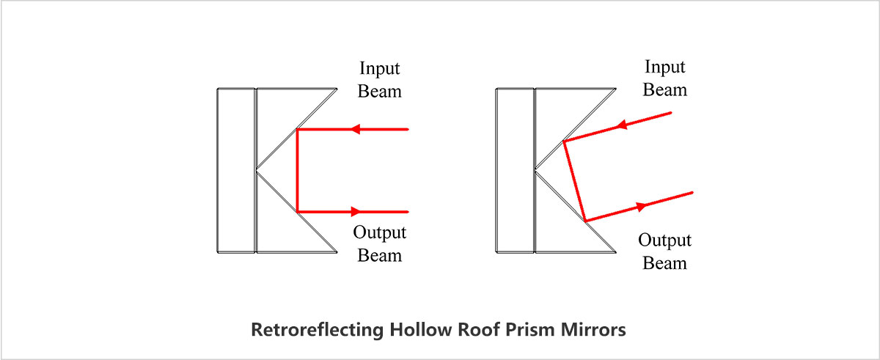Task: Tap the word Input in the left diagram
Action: tap(380, 69)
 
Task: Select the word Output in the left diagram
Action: tap(380, 233)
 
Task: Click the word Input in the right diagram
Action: tap(664, 67)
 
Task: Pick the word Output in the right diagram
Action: tap(664, 240)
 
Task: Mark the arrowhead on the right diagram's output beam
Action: tap(643, 206)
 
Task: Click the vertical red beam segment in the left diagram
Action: tap(297, 171)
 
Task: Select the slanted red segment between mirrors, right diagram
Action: tap(574, 180)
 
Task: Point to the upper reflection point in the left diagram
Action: tap(297, 130)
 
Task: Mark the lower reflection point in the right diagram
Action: tap(585, 220)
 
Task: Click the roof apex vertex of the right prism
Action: tap(536, 171)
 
